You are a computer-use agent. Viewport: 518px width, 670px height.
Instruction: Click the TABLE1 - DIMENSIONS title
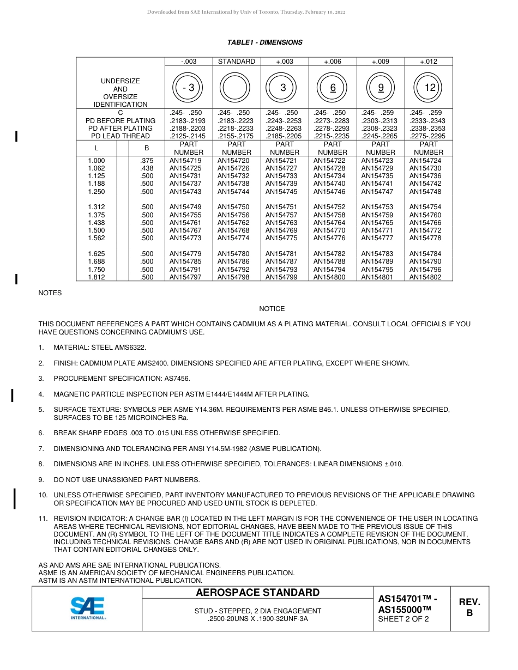coord(264,42)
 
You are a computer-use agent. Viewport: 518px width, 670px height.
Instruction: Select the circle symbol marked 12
coord(429,88)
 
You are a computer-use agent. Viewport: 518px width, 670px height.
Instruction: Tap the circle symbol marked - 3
coord(188,88)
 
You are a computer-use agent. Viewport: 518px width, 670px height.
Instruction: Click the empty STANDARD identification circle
coord(236,88)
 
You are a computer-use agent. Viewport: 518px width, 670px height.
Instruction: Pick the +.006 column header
coord(332,62)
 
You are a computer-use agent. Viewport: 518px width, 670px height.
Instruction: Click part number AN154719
coord(185,161)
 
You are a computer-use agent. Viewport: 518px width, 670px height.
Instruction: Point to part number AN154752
coord(329,207)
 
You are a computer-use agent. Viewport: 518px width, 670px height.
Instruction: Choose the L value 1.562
coord(97,238)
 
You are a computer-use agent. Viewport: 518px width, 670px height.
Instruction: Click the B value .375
coord(147,161)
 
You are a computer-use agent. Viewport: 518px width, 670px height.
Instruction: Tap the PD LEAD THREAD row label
coord(120,136)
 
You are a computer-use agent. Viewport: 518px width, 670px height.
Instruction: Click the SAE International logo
coord(87,608)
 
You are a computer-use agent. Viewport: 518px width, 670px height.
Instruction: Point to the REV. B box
coord(469,607)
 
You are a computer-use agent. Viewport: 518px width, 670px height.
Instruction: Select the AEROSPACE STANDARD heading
coord(257,593)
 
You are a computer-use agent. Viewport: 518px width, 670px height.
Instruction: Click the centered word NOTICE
coord(272,309)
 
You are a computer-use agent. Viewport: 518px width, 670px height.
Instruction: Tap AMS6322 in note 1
coord(130,348)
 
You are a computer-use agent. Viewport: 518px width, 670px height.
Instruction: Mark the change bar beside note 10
coord(15,498)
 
